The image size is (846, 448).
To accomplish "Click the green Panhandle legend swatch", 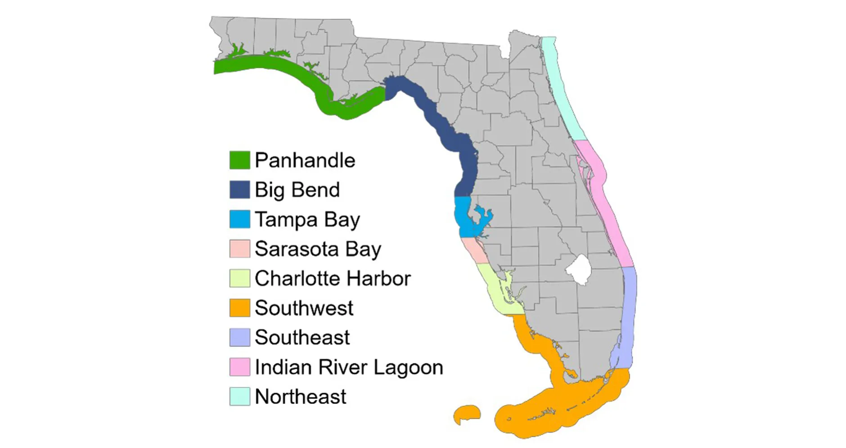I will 239,160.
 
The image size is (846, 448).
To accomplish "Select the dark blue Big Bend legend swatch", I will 239,189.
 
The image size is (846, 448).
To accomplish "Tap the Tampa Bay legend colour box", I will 239,219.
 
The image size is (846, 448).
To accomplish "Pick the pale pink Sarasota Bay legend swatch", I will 239,249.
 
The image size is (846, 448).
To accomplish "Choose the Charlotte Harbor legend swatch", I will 239,278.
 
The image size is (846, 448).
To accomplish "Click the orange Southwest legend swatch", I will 239,308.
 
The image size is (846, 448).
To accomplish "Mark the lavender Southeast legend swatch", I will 239,337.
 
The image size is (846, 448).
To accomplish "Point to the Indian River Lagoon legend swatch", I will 239,367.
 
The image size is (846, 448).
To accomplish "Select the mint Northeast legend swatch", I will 239,397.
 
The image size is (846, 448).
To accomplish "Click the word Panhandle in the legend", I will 305,160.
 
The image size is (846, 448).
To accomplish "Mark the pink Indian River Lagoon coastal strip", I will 607,202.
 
